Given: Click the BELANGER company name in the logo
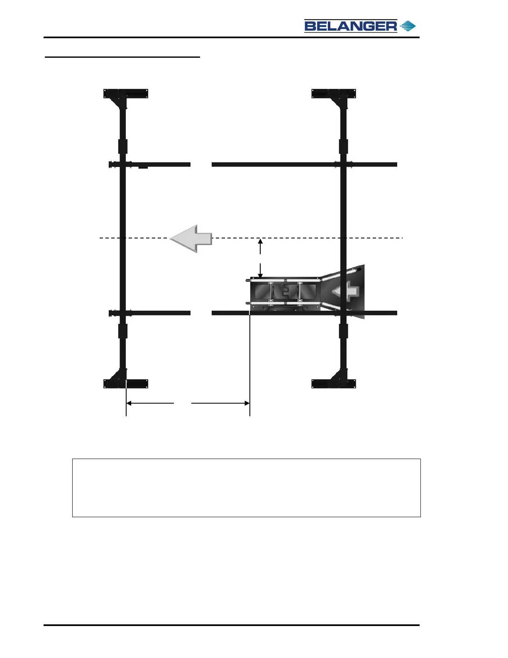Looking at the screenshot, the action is click(x=351, y=26).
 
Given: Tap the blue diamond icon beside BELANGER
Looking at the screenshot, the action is click(x=408, y=26).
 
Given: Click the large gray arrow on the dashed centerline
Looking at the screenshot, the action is click(x=191, y=238).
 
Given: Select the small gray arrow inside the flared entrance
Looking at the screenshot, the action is click(x=347, y=291).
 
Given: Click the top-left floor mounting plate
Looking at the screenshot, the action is click(x=126, y=93).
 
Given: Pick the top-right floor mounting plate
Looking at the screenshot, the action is click(x=334, y=93).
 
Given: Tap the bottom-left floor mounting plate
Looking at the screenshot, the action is click(x=126, y=383).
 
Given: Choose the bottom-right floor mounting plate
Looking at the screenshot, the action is click(x=334, y=383).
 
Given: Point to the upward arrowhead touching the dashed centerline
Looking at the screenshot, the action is click(x=260, y=241).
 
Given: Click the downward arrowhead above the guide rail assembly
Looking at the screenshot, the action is click(x=260, y=275).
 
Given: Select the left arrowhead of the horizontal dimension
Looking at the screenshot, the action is click(x=129, y=403).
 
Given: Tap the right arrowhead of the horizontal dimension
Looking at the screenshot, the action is click(x=247, y=403).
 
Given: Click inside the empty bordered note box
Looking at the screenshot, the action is click(x=247, y=488).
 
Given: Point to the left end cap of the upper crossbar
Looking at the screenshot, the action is click(x=111, y=164).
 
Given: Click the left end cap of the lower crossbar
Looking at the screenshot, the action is click(x=111, y=313).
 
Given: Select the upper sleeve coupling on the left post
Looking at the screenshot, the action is click(x=123, y=146).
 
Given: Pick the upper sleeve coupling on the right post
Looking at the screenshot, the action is click(x=343, y=146).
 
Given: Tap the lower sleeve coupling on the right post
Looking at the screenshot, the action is click(x=343, y=331).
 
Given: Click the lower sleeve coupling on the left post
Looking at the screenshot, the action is click(x=123, y=331).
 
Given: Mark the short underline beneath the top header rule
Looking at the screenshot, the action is click(x=122, y=57).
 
